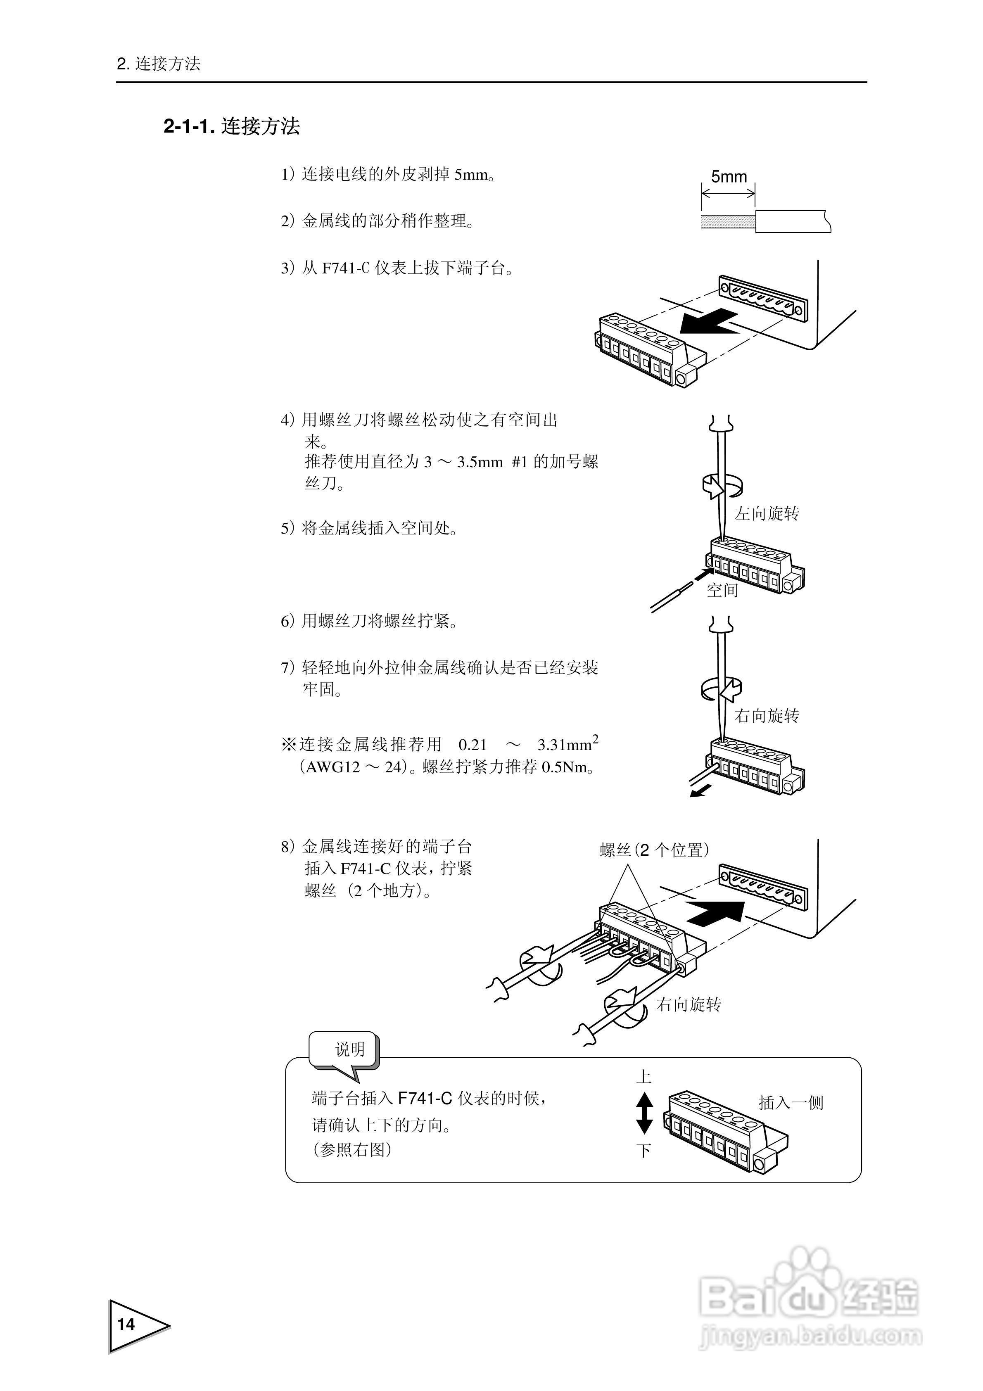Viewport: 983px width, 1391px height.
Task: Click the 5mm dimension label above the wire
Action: [729, 177]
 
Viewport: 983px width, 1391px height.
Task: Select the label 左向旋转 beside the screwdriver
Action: [767, 514]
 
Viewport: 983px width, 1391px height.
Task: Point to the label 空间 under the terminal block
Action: [722, 590]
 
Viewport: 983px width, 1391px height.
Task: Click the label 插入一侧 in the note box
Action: [791, 1103]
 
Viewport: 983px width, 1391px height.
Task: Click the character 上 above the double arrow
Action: [643, 1077]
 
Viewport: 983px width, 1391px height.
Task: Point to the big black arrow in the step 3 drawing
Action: [708, 322]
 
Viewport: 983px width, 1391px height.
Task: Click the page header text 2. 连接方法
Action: [158, 64]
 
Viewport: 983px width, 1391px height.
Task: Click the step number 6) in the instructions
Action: [288, 622]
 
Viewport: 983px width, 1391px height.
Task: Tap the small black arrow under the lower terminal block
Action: [700, 790]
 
